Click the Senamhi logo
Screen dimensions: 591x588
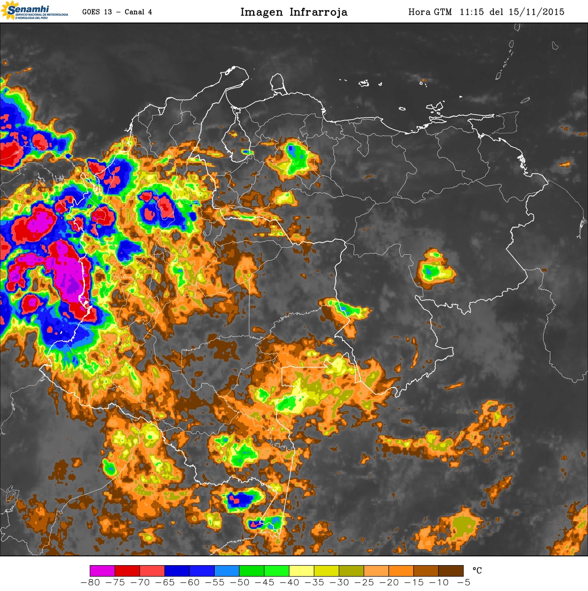[34, 11]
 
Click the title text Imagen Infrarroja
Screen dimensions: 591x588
[294, 12]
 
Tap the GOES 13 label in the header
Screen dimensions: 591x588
[97, 12]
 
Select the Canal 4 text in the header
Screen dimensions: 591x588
[138, 12]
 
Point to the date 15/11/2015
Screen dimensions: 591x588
[536, 12]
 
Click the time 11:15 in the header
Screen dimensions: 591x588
[472, 12]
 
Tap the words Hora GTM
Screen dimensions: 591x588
[430, 12]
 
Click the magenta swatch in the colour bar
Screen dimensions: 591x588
[102, 571]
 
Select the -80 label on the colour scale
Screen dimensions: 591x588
[90, 583]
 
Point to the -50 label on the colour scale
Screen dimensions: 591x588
[239, 583]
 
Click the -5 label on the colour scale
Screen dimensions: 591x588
[464, 583]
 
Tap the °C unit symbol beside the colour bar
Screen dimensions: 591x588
[477, 571]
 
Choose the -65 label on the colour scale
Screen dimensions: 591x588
[165, 583]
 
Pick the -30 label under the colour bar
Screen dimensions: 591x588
[339, 583]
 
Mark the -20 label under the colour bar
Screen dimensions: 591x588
[389, 583]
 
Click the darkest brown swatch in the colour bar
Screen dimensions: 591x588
[451, 571]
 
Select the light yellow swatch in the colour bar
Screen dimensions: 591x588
[302, 571]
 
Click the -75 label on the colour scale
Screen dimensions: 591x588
[115, 583]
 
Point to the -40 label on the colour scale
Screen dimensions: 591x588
[289, 583]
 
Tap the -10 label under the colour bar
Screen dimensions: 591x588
[439, 583]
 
